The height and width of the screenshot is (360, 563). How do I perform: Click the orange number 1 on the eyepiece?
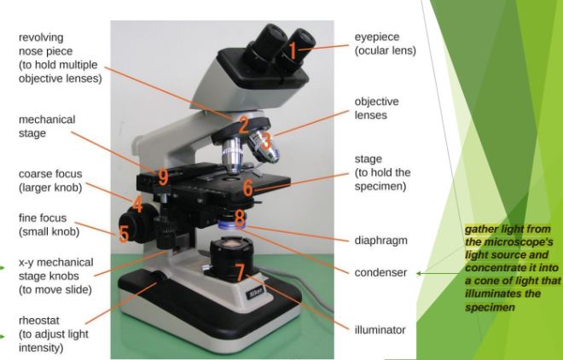tap(293, 51)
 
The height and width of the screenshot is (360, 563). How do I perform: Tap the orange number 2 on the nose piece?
tap(244, 125)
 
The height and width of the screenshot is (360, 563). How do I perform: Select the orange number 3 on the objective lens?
tap(266, 141)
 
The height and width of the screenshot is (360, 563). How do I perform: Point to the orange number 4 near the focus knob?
tap(137, 204)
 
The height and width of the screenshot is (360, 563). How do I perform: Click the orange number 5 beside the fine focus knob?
tap(124, 233)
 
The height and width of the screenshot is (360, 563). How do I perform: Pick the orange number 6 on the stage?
tap(247, 188)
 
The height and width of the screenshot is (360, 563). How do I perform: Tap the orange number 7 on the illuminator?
tap(241, 272)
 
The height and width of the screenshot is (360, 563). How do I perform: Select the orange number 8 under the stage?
tap(240, 218)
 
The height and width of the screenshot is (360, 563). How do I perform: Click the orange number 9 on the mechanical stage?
tap(164, 177)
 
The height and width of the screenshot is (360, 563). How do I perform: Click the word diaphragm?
tap(381, 240)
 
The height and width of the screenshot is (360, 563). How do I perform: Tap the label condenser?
tap(380, 272)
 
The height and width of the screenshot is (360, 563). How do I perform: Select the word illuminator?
tap(380, 329)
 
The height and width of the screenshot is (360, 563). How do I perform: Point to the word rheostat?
tap(38, 320)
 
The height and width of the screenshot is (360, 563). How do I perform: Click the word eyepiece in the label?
tap(377, 38)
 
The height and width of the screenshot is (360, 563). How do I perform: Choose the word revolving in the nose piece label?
tap(41, 38)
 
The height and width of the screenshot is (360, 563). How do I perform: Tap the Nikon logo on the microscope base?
tap(255, 293)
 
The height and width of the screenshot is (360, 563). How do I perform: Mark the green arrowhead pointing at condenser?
tap(418, 273)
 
